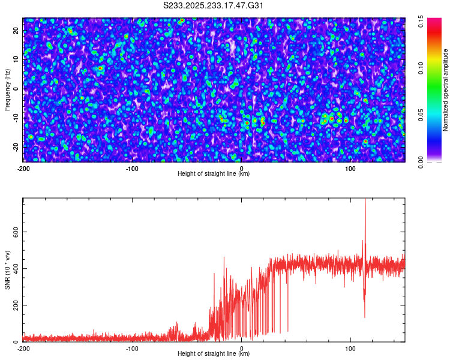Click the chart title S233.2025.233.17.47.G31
[214, 6]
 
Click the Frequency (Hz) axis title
[7, 89]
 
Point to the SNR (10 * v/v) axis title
[7, 269]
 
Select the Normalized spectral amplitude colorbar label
[446, 89]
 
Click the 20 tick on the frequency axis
[17, 31]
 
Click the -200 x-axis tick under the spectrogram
[23, 168]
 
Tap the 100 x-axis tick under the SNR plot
[350, 348]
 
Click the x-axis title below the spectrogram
[214, 174]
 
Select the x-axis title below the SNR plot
[214, 354]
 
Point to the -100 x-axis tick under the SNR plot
[132, 348]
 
